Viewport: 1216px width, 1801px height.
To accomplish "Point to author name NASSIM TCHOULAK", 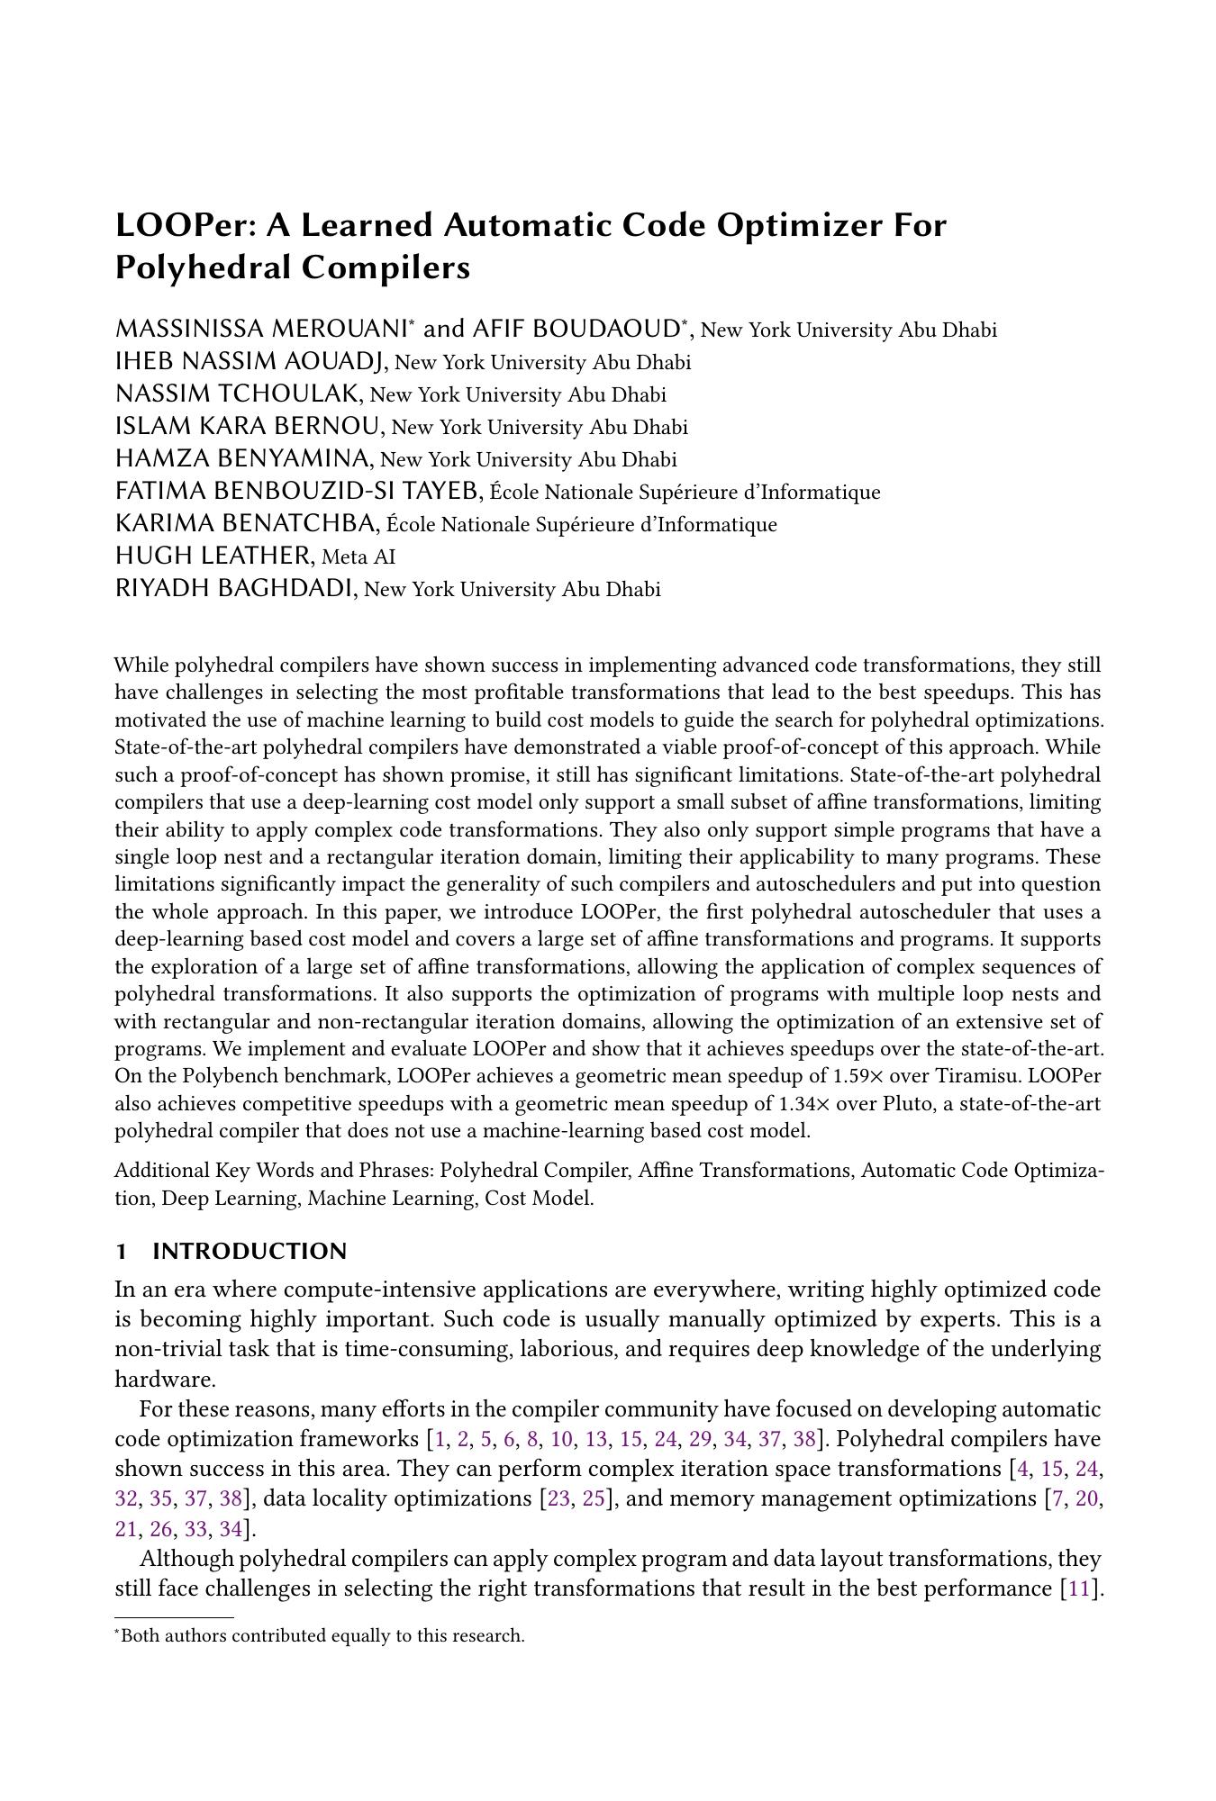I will click(x=238, y=394).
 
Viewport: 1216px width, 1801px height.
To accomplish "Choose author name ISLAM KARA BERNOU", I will click(x=249, y=427).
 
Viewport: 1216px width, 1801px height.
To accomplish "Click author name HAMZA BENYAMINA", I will click(x=242, y=459).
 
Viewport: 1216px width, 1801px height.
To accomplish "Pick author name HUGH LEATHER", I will click(x=213, y=557).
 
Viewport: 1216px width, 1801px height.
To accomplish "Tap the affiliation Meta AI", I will click(x=358, y=557).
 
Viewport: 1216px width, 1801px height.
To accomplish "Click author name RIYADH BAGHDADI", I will click(x=233, y=589).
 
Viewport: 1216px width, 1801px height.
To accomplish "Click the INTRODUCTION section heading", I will click(x=250, y=1252).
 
